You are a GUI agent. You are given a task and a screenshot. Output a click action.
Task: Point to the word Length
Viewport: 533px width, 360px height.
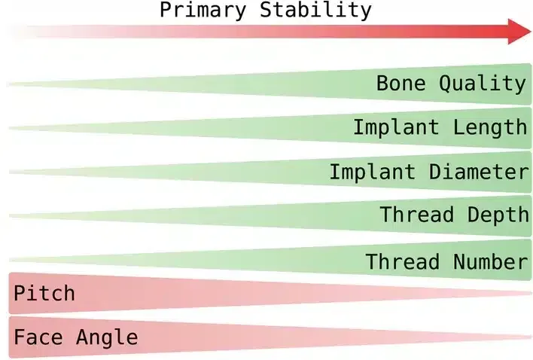click(x=490, y=127)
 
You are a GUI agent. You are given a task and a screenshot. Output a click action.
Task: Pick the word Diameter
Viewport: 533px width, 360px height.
click(x=479, y=172)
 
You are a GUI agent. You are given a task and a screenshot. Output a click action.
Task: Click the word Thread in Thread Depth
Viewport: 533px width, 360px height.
click(x=416, y=215)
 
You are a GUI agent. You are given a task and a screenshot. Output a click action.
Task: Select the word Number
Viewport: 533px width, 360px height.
click(x=490, y=262)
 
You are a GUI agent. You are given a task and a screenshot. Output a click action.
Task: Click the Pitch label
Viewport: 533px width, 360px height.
click(x=44, y=292)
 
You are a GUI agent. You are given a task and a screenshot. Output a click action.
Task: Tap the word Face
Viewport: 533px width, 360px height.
click(x=38, y=337)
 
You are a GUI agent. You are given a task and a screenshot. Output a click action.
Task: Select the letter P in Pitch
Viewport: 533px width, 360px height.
click(x=20, y=292)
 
